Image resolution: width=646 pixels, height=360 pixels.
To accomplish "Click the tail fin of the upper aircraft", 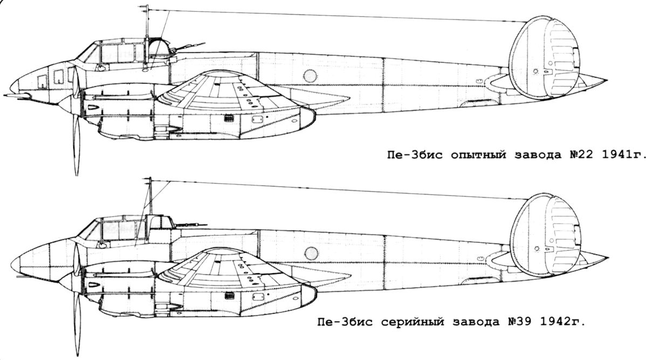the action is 545,58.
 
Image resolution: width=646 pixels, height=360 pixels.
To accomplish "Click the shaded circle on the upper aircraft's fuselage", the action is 310,76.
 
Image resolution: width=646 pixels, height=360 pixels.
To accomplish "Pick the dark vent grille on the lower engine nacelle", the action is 230,295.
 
